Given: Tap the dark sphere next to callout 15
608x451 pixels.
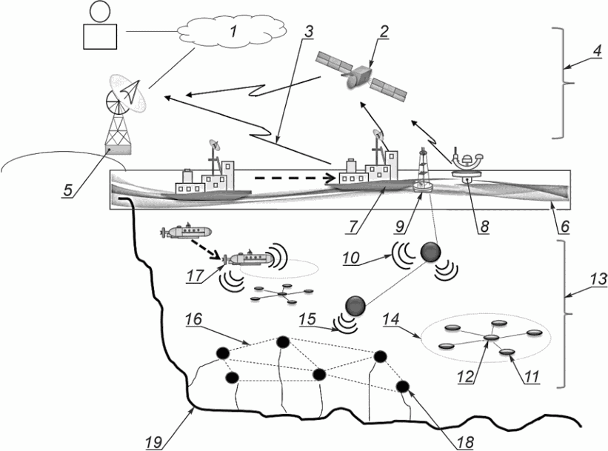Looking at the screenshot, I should tap(355, 305).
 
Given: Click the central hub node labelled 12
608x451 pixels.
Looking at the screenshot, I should tap(490, 338).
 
